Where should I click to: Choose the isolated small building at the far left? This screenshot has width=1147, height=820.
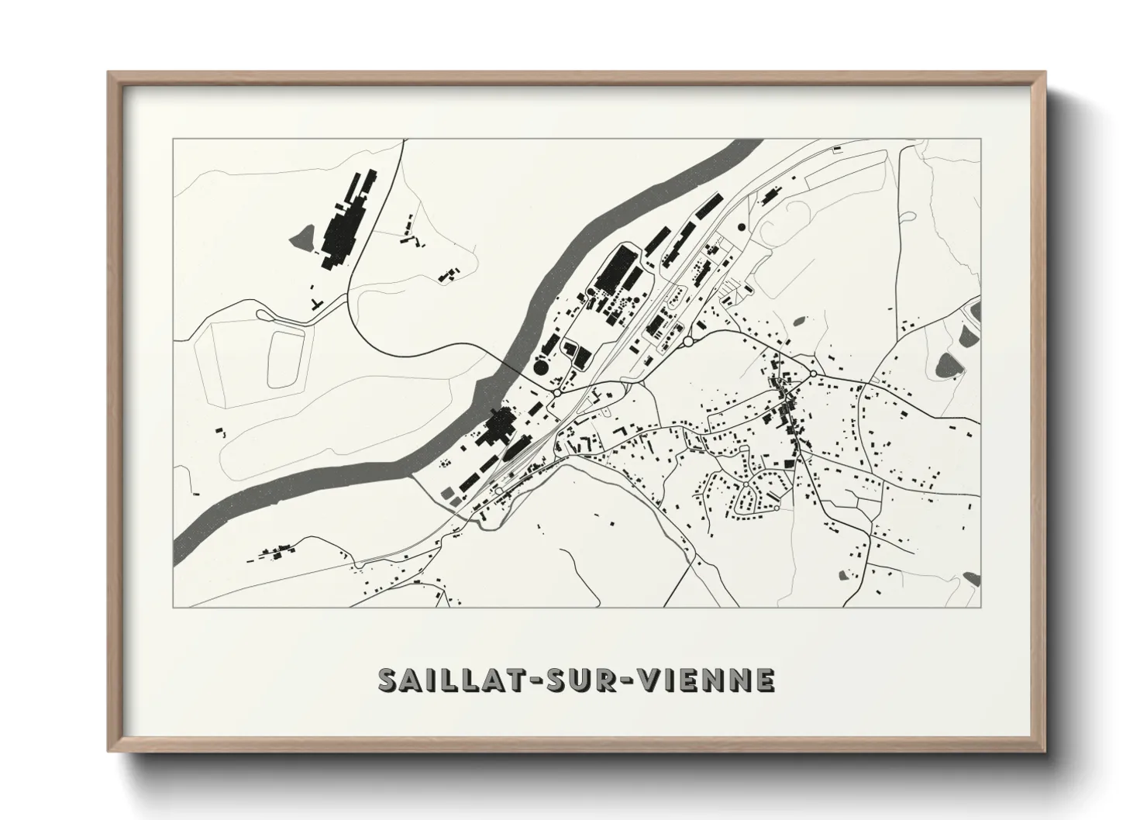(219, 429)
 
